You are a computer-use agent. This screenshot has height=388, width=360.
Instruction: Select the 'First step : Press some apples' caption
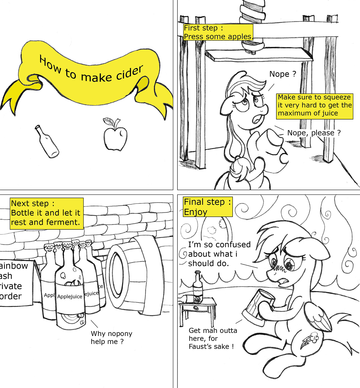pos(218,32)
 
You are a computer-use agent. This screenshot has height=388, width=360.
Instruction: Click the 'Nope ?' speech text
pos(283,74)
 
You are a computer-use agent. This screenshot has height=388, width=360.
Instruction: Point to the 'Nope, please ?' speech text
pos(314,133)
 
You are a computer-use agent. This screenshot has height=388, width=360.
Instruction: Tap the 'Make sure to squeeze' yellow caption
pos(315,106)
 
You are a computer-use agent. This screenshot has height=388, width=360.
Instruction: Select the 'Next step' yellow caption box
pos(47,214)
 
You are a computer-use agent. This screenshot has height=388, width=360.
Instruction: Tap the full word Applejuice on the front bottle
pos(70,297)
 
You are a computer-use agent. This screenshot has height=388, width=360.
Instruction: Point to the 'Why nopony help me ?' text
pos(112,338)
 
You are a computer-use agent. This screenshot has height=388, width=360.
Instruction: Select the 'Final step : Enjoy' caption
pos(208,207)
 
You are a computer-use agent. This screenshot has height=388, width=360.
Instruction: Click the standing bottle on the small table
pos(198,287)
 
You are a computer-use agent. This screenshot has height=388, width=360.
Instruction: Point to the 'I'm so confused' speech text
pos(219,254)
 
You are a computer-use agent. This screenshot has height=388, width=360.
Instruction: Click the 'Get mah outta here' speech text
pos(213,338)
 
